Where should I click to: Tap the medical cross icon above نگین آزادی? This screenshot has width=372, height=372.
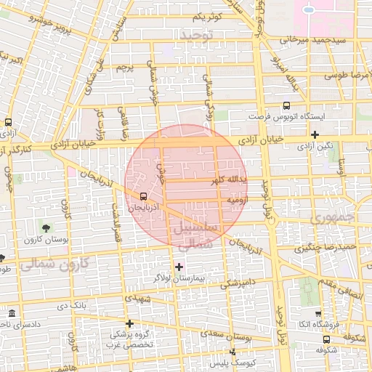[315, 134]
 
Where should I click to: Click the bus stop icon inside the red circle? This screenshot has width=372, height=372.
[142, 196]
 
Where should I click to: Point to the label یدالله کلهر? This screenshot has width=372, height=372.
[231, 179]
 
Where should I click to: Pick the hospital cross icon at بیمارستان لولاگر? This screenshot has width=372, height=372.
[179, 267]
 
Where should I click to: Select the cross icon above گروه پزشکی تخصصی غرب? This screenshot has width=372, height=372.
[129, 323]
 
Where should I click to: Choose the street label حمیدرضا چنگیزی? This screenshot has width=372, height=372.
[331, 247]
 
